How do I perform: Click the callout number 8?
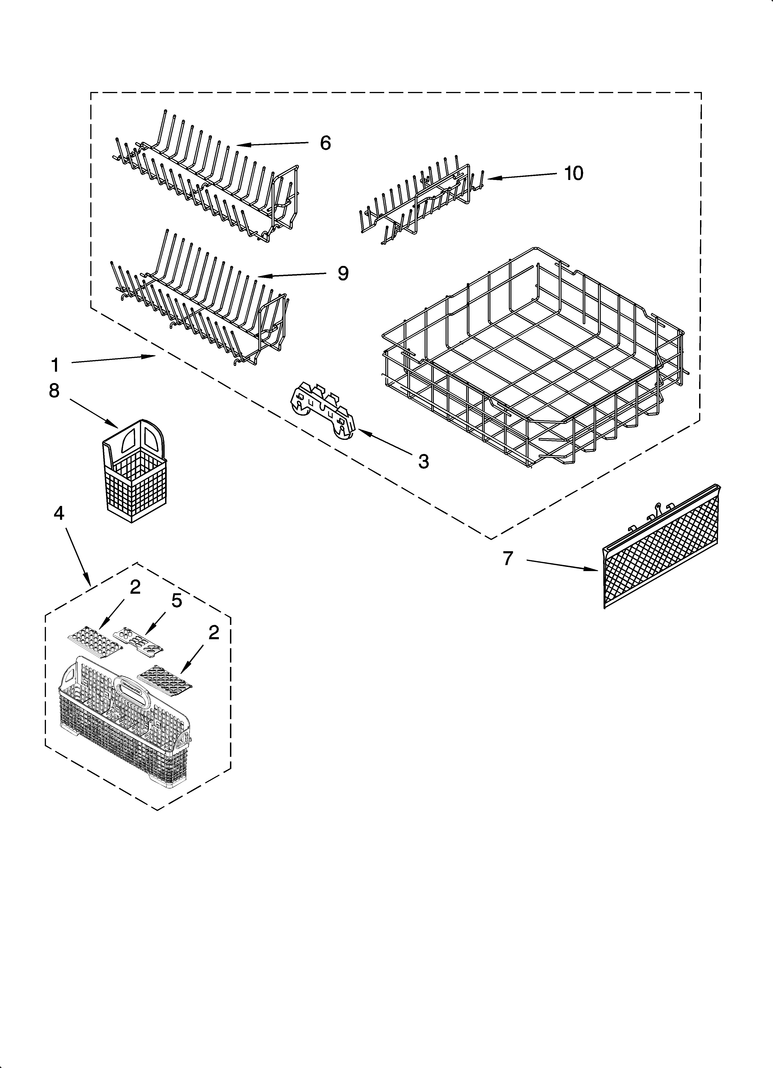point(55,390)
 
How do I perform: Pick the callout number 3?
point(423,462)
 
